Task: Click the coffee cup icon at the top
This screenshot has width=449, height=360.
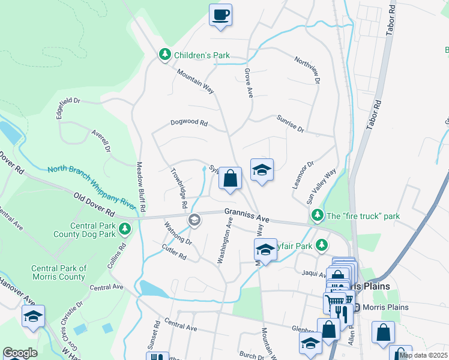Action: [x=220, y=14]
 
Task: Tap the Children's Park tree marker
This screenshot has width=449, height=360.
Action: [x=165, y=55]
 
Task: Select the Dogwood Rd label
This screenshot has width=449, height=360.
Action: [x=188, y=123]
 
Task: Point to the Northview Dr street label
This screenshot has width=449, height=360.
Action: [x=307, y=70]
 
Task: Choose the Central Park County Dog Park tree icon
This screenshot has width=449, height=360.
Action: [x=124, y=228]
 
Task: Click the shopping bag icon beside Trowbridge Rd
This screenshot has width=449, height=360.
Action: [x=230, y=178]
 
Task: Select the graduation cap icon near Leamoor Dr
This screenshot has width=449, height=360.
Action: [x=262, y=170]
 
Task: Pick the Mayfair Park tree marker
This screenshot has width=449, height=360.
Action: [x=322, y=244]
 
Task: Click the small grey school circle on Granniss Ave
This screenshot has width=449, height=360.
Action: [x=194, y=220]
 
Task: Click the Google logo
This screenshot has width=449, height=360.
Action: [x=20, y=353]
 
